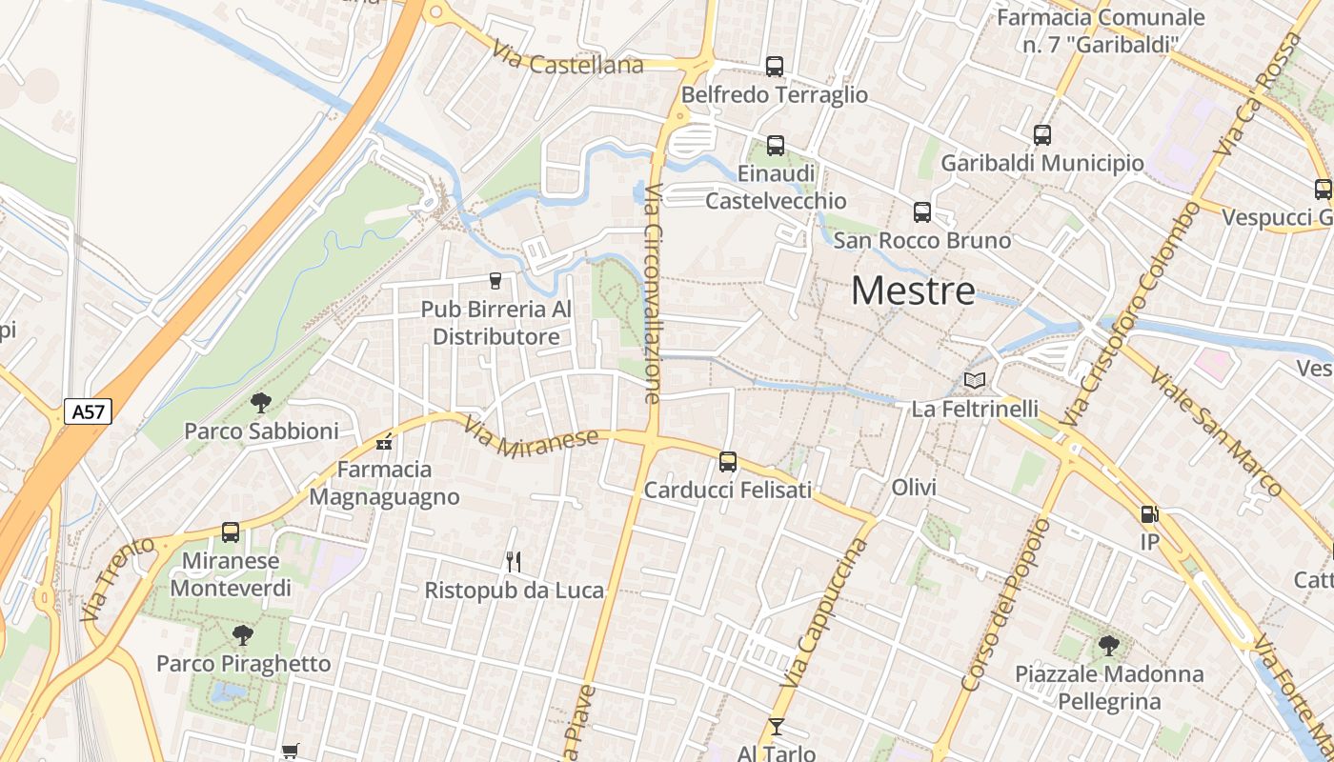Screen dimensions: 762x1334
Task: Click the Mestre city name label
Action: coord(913,291)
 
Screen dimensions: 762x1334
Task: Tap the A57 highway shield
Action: coord(89,411)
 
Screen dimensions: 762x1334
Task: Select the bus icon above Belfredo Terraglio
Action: coord(775,67)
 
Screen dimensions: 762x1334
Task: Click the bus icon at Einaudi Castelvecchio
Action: coord(776,146)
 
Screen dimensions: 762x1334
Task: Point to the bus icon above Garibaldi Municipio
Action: coord(1041,135)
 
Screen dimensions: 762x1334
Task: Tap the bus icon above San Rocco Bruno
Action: coord(921,212)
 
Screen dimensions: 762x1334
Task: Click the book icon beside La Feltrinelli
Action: coord(975,381)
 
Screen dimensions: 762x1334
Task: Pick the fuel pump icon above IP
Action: coord(1150,514)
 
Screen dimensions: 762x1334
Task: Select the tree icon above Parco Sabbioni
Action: coord(261,403)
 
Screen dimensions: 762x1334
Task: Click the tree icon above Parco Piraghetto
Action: coord(243,634)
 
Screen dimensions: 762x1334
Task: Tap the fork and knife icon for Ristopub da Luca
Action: coord(514,562)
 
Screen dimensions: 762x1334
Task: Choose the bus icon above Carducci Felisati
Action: coord(728,462)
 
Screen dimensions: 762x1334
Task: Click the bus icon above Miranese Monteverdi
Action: coord(231,532)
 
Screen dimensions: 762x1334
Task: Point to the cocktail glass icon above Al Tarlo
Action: coord(777,727)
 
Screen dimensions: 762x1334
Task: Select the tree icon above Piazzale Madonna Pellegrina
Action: coord(1108,646)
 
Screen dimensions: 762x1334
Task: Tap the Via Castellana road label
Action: coord(568,60)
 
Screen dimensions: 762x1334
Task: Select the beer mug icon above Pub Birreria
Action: coord(495,281)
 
